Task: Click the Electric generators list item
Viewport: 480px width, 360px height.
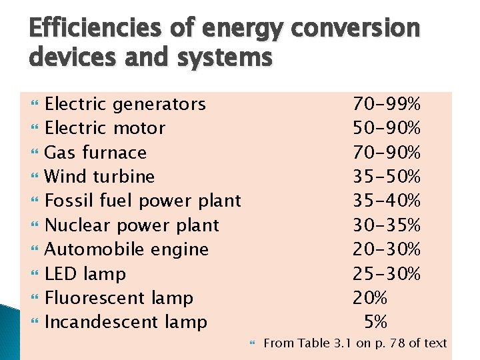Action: pos(125,104)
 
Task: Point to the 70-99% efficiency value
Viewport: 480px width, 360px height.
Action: pos(387,104)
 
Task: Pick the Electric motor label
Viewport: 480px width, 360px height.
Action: pos(105,128)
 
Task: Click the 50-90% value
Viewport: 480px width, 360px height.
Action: pos(387,128)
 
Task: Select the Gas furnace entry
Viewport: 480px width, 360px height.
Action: pos(95,153)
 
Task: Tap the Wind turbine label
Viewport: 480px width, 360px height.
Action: pos(99,177)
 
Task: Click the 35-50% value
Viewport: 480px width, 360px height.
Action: pos(387,177)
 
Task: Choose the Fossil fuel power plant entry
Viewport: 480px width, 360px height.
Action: pos(143,201)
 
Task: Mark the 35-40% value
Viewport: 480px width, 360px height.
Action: pos(387,201)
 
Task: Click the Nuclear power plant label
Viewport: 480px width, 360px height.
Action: pos(131,225)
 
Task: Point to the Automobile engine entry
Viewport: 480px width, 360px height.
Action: pos(127,249)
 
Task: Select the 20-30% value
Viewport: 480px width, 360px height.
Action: pos(387,249)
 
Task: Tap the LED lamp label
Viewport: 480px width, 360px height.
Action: pos(85,274)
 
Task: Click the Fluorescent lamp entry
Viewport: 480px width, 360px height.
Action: pos(119,298)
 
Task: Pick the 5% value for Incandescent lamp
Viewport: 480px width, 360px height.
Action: pos(375,322)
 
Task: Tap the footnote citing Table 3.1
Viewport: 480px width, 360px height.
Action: pos(355,343)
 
